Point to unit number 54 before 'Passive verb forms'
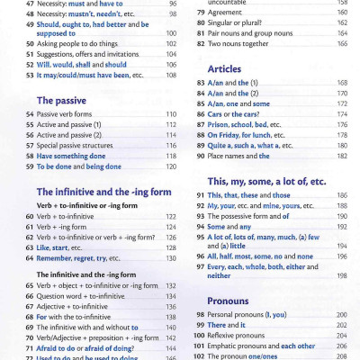30,115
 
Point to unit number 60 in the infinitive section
30,217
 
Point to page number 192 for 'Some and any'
342,226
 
